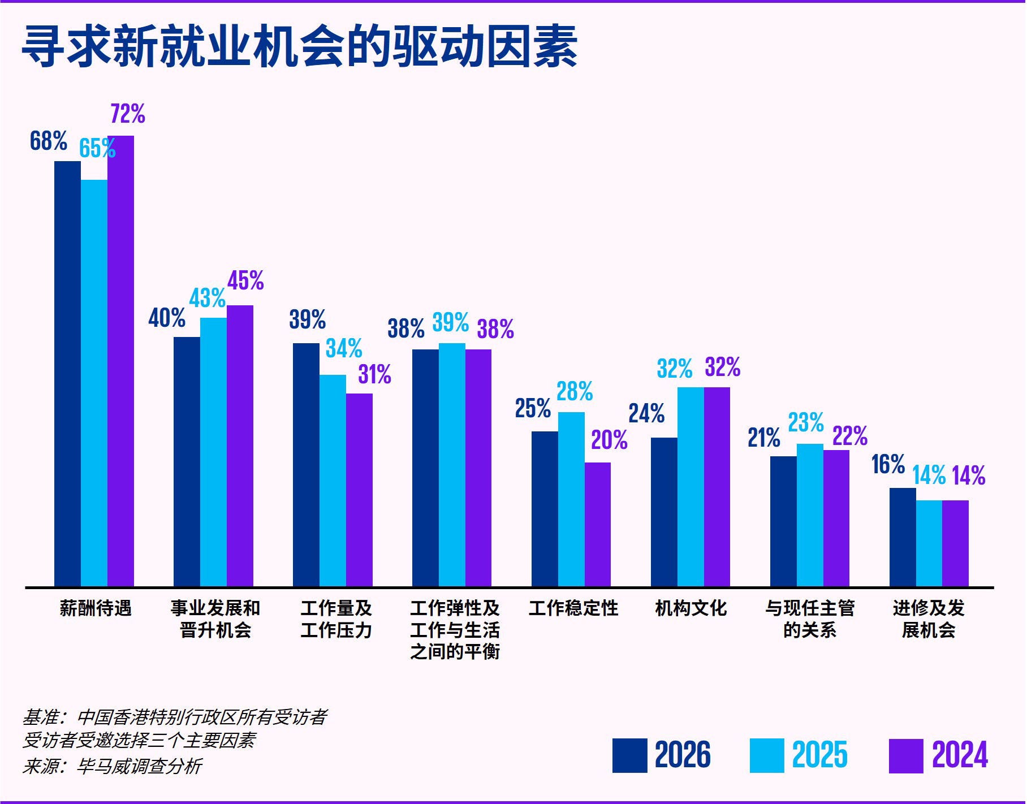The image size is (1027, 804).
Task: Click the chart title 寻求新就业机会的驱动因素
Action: [299, 47]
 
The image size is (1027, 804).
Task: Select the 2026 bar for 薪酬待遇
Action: [67, 373]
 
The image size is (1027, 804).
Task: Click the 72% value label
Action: [128, 114]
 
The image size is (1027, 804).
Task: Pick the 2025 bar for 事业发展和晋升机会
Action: [213, 452]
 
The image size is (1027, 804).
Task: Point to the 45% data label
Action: [245, 280]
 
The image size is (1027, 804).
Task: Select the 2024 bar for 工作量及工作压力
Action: [359, 490]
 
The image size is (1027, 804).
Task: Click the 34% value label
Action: [344, 348]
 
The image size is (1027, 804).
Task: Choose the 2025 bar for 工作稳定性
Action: [571, 499]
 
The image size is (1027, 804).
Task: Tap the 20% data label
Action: [609, 440]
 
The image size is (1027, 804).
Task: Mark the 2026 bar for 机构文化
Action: [664, 512]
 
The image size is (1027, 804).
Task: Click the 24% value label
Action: [646, 413]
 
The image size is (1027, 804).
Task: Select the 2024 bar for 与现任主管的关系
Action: [836, 518]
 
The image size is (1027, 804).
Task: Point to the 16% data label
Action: [888, 464]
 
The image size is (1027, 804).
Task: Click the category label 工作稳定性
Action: [573, 608]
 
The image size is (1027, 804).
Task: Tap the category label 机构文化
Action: [691, 608]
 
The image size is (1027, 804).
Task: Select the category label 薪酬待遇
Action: [96, 608]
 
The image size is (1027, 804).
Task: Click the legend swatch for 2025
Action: [767, 755]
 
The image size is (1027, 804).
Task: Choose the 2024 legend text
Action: [960, 755]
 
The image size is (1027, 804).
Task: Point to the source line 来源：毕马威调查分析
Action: [112, 766]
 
